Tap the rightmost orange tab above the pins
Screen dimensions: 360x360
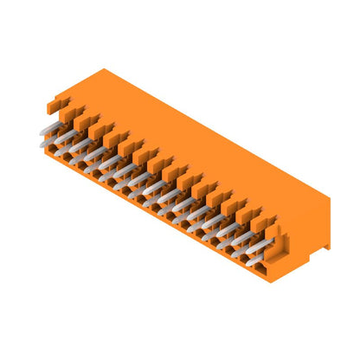click(x=263, y=222)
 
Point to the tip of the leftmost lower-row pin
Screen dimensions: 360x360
click(x=43, y=144)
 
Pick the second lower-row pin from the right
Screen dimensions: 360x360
click(x=237, y=244)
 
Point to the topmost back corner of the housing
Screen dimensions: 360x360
click(x=105, y=69)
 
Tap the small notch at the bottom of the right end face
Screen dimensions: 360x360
click(x=325, y=247)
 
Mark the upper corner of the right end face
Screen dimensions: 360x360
click(x=330, y=198)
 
